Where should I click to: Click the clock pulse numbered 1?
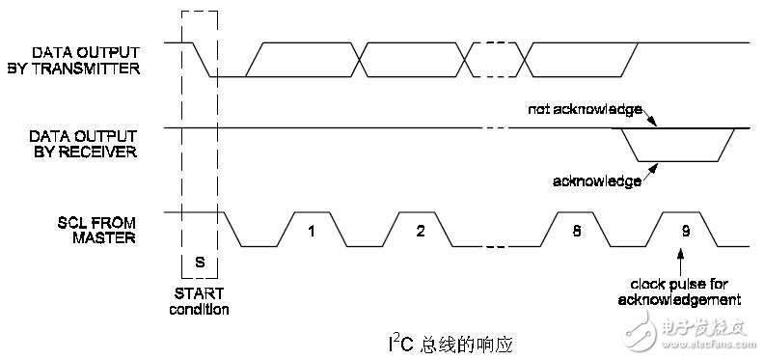click(311, 232)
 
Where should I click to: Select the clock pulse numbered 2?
click(421, 232)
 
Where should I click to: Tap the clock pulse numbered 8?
click(576, 232)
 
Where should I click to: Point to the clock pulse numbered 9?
click(684, 232)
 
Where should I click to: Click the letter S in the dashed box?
click(200, 262)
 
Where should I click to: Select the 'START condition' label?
click(200, 302)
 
